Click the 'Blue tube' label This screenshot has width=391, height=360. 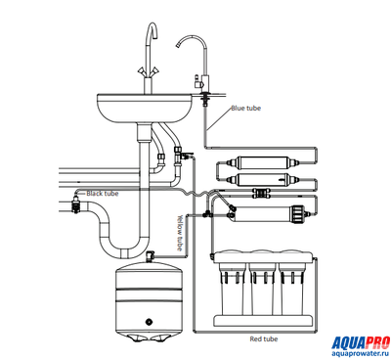[x=246, y=108]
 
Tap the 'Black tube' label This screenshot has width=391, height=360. [x=103, y=194]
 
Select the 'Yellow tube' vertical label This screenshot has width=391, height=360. [x=180, y=233]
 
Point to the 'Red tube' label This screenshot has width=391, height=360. [x=264, y=339]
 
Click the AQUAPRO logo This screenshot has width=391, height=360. [x=361, y=343]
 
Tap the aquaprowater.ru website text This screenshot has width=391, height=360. [x=361, y=354]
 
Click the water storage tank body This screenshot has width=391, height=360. [x=149, y=301]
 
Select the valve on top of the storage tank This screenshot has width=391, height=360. [x=151, y=255]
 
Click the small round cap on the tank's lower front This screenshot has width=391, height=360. [x=150, y=322]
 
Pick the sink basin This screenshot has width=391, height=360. [x=146, y=108]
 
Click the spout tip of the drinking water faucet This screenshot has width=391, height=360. [x=178, y=45]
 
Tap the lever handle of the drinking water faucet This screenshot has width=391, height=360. [x=197, y=81]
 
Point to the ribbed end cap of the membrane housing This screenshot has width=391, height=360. [x=297, y=213]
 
